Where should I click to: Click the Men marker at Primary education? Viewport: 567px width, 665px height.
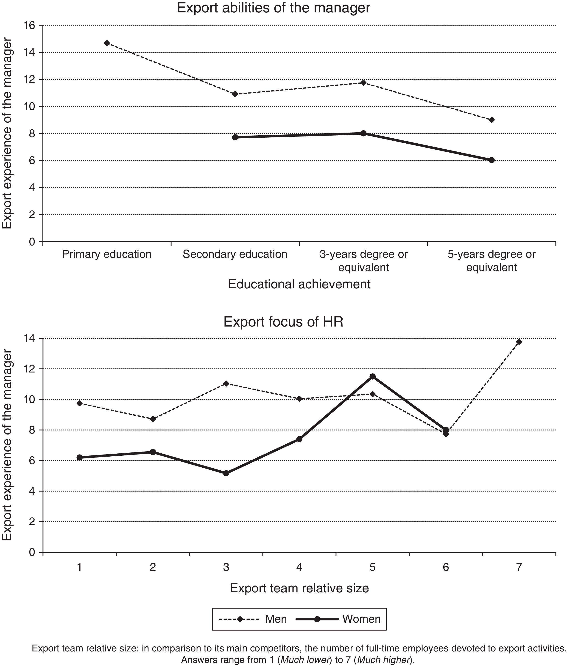(107, 43)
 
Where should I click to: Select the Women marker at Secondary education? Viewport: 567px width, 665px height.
(235, 137)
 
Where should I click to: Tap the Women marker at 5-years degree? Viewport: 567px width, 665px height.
(492, 160)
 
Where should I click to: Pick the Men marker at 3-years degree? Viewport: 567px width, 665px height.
(363, 83)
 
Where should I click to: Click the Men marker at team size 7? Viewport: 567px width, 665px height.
(519, 342)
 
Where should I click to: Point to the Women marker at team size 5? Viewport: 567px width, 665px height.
(372, 376)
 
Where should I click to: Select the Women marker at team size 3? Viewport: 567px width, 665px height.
(226, 473)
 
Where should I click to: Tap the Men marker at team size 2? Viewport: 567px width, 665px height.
(153, 419)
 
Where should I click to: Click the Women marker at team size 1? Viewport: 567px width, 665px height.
(79, 457)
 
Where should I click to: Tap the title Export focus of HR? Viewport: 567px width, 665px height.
(283, 322)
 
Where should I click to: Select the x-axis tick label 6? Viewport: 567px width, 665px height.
(446, 567)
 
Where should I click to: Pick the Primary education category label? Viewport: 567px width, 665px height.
(107, 254)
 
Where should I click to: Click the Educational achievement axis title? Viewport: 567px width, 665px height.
(299, 284)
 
